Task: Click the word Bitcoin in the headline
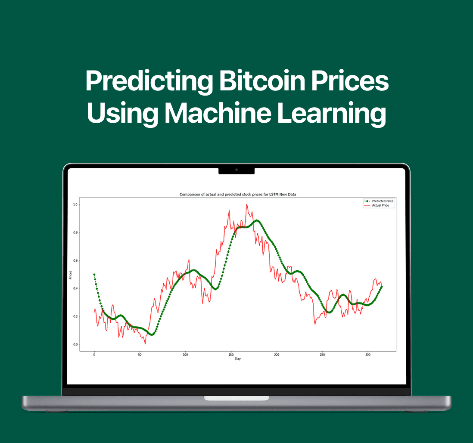tap(262, 81)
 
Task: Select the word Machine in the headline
tap(218, 113)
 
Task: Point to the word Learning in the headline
tap(331, 114)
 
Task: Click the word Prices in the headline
tap(350, 81)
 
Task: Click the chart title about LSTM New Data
tap(238, 194)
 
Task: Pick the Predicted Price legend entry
tap(379, 201)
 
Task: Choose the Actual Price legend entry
tap(377, 205)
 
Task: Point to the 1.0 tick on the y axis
tap(75, 204)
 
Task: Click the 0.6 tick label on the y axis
tap(75, 260)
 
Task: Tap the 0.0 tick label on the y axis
tap(75, 344)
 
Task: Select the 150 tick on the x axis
tap(231, 355)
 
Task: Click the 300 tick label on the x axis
tap(368, 355)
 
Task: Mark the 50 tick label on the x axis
tap(140, 355)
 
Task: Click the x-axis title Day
tap(238, 359)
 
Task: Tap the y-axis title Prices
tap(70, 275)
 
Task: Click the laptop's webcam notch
tap(236, 170)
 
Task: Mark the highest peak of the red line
tap(246, 204)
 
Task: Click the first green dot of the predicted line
tap(94, 275)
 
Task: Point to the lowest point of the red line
tap(145, 344)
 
